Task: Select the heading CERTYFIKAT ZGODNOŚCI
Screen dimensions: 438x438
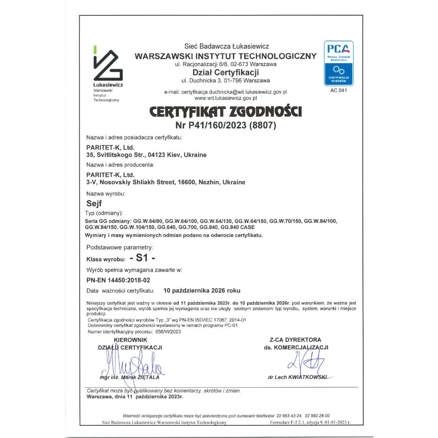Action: pyautogui.click(x=226, y=112)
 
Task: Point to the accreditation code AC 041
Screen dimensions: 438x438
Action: pyautogui.click(x=338, y=90)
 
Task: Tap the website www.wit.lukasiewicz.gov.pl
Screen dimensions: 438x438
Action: pyautogui.click(x=226, y=99)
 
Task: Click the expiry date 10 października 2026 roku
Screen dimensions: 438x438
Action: pyautogui.click(x=201, y=290)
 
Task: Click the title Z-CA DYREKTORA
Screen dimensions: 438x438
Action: pyautogui.click(x=296, y=339)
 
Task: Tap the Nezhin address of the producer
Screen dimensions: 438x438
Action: pyautogui.click(x=166, y=182)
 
